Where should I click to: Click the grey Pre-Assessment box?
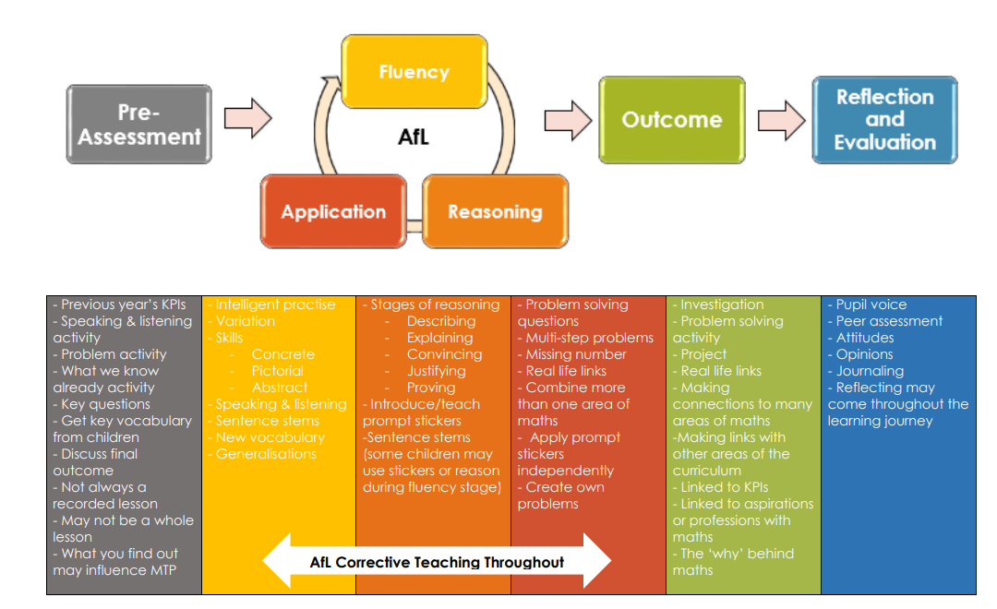tap(139, 125)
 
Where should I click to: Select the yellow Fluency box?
tap(414, 72)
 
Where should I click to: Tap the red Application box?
tap(333, 211)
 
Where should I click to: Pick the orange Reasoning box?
tap(496, 211)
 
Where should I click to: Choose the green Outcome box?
tap(672, 120)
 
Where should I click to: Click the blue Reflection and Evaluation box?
tap(885, 120)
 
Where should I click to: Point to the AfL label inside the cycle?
tap(414, 137)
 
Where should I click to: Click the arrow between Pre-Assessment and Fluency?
tap(248, 118)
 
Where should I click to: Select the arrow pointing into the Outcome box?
tap(568, 120)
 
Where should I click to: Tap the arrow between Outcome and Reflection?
tap(782, 120)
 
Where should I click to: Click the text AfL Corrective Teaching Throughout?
tap(437, 563)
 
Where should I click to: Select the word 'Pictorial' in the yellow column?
tap(277, 371)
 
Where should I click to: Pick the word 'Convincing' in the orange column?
tap(444, 354)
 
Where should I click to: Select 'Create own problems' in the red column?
tap(561, 496)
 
